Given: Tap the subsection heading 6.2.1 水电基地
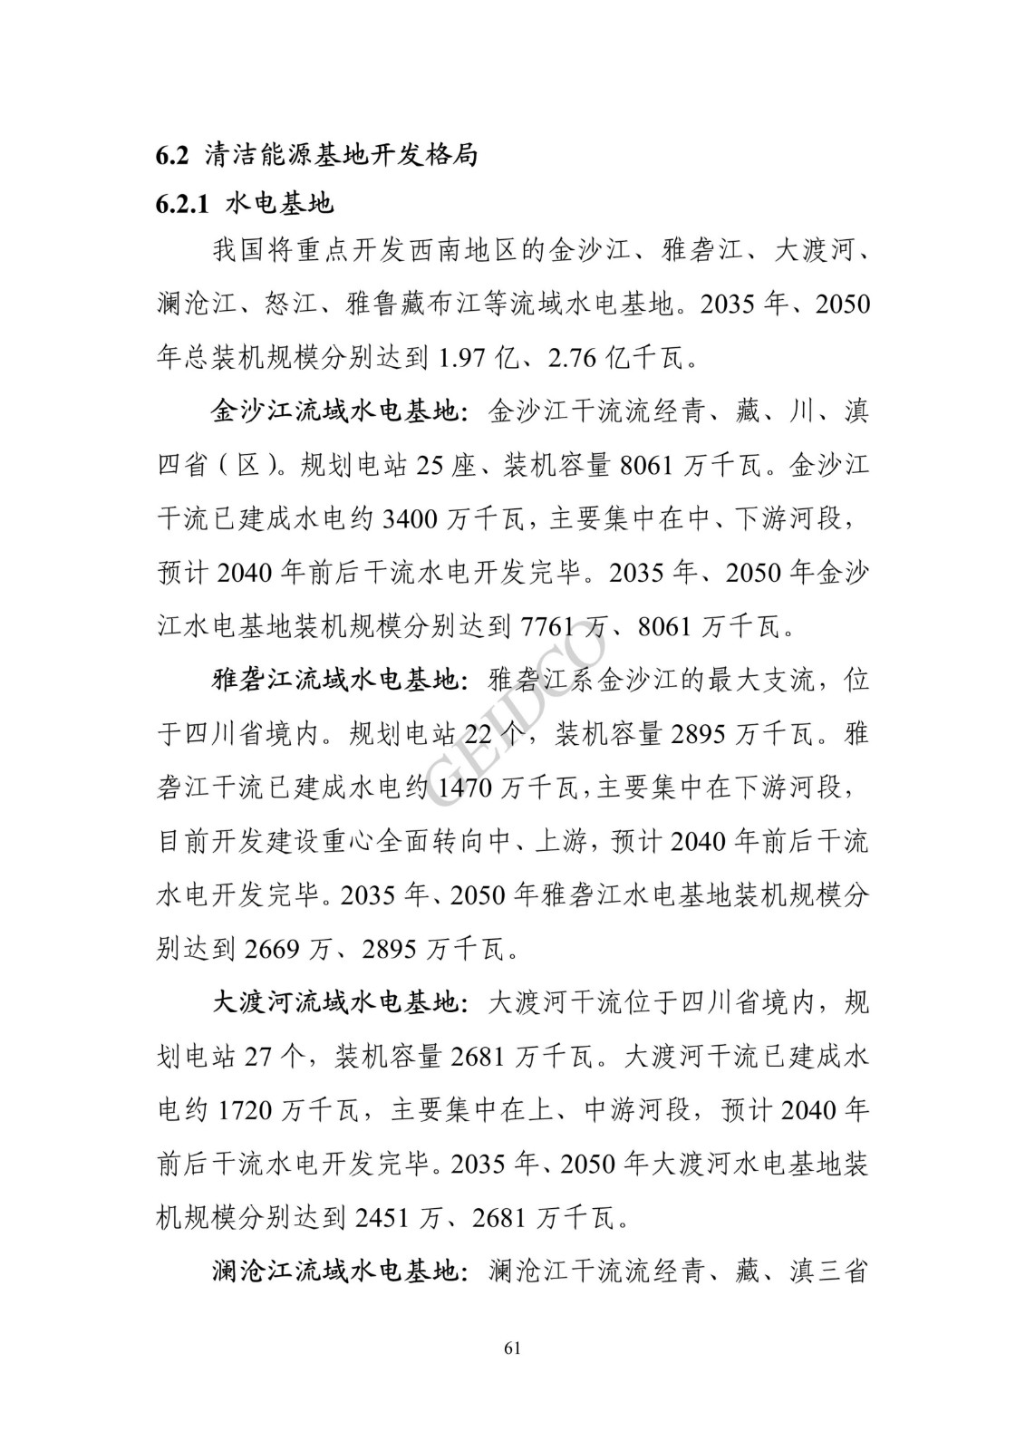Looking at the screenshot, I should (245, 203).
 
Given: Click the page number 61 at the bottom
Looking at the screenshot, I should (512, 1348).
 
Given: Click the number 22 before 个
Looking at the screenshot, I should (482, 735).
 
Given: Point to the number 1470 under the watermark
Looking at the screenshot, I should (465, 788).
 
